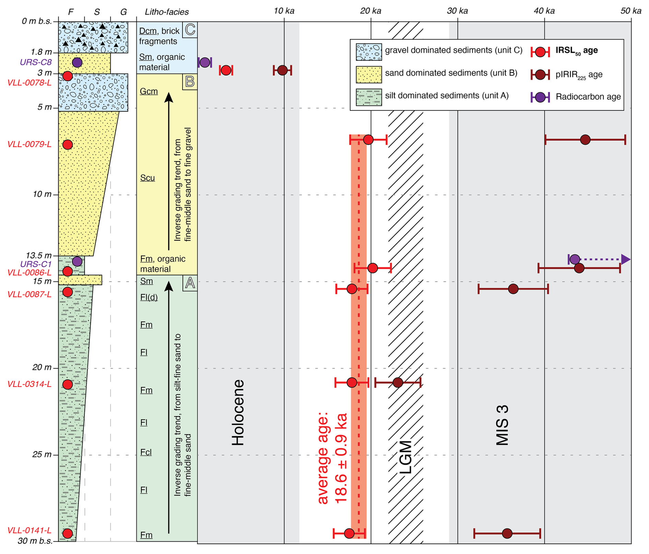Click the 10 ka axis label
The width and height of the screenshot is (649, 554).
click(284, 11)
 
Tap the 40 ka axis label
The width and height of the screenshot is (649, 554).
click(544, 11)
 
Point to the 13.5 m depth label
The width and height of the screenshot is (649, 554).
click(39, 255)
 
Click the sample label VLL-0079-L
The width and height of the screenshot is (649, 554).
click(29, 144)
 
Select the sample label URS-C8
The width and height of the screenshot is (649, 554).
click(36, 62)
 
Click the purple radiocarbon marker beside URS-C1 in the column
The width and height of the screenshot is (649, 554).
click(77, 262)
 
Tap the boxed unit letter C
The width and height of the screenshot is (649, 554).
click(190, 29)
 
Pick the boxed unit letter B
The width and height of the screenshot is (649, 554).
click(190, 82)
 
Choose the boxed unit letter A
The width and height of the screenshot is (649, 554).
click(190, 283)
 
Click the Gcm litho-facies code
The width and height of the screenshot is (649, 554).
click(149, 92)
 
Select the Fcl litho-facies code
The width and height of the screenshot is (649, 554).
click(146, 453)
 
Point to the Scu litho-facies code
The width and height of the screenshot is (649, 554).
click(147, 178)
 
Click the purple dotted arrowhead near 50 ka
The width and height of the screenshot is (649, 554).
click(626, 260)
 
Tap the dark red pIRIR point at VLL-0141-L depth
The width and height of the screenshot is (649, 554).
click(507, 533)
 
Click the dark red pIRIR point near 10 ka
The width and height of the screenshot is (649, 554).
click(282, 70)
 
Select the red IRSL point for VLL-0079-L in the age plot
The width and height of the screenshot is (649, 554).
click(368, 140)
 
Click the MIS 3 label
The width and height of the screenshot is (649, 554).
click(502, 425)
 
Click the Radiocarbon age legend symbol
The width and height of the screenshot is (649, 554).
click(540, 97)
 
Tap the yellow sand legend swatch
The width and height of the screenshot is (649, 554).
click(369, 74)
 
